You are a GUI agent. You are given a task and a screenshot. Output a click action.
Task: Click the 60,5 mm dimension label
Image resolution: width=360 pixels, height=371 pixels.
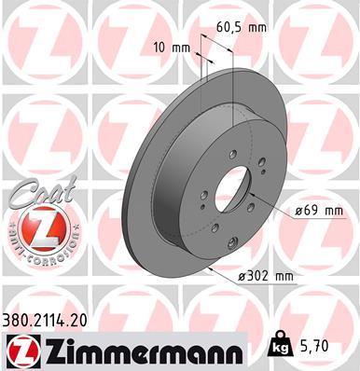click(x=242, y=27)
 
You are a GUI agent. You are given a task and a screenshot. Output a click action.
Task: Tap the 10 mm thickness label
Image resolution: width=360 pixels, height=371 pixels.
click(x=172, y=48)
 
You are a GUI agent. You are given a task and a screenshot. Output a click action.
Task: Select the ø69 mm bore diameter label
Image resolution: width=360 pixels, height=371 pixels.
click(x=319, y=212)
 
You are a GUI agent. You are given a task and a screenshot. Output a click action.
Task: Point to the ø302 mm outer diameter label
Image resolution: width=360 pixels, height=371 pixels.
click(x=266, y=276)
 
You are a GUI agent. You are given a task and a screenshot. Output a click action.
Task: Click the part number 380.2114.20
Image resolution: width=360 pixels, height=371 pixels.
click(x=45, y=321)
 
